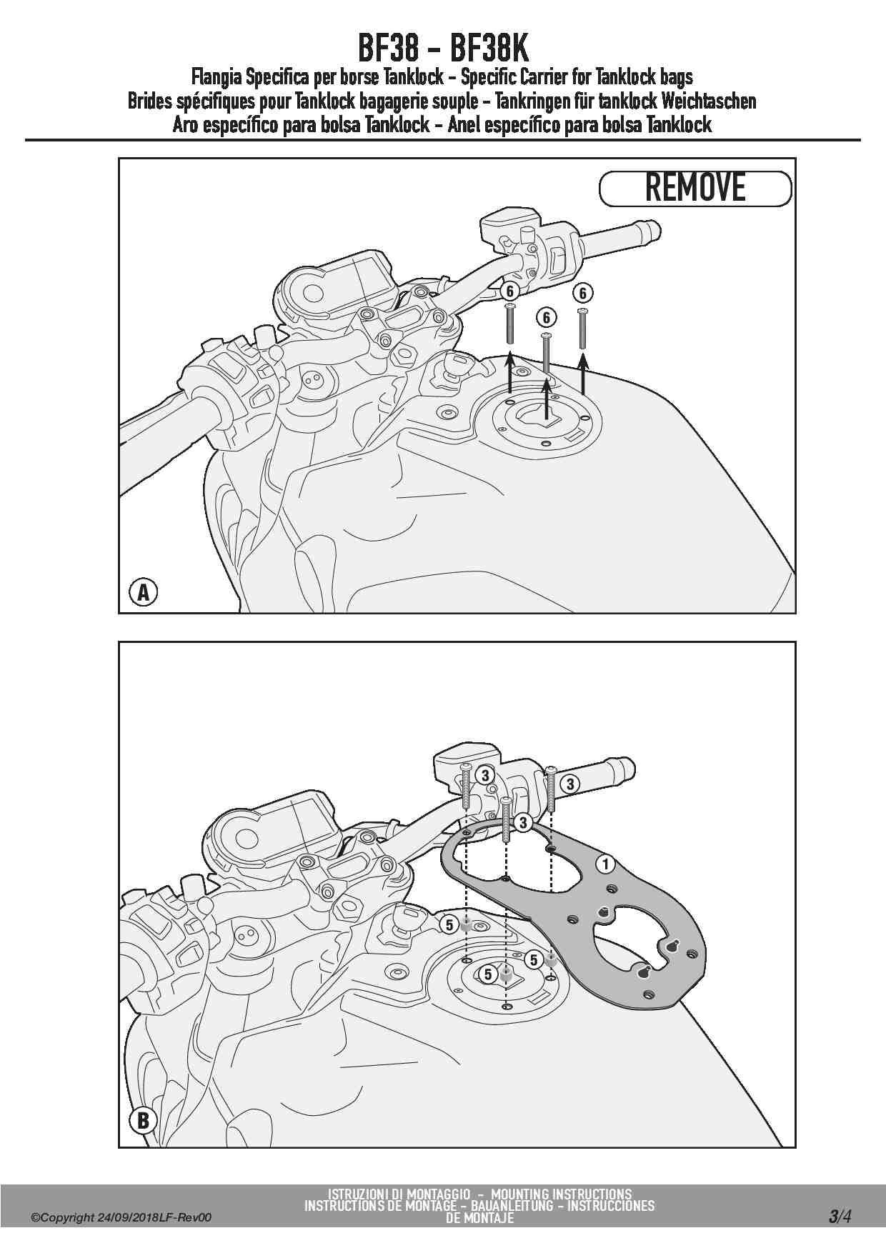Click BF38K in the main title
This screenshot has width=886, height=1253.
[489, 49]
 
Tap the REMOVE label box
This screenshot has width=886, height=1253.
[695, 189]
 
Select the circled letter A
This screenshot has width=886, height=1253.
[143, 592]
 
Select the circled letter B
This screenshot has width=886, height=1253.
[143, 1120]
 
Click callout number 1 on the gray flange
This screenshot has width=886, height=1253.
[606, 865]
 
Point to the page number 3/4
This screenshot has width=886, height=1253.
[840, 1217]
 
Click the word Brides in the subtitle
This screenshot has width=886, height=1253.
[149, 101]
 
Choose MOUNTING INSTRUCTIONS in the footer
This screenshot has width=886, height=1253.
[561, 1194]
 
